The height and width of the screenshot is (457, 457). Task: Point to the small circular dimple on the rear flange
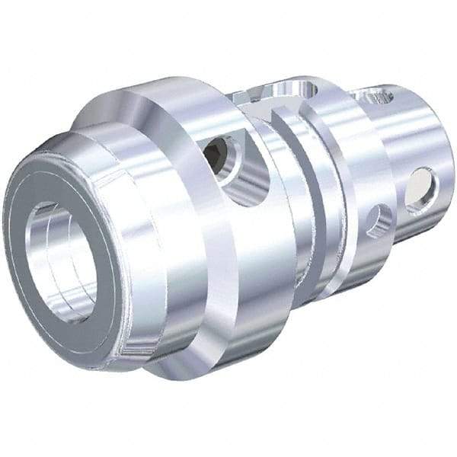(x=375, y=221)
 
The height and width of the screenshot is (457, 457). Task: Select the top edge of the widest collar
(x=168, y=88)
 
